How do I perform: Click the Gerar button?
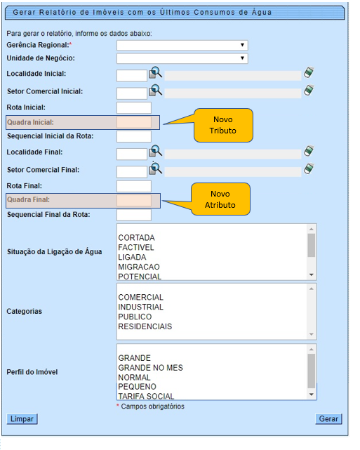click(328, 418)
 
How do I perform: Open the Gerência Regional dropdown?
click(182, 45)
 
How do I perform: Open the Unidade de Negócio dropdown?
click(182, 58)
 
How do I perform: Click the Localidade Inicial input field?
click(131, 75)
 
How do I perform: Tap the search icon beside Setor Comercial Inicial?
click(156, 91)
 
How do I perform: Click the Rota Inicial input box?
click(133, 107)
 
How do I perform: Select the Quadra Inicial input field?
click(133, 122)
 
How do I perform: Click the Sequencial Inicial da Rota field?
click(133, 136)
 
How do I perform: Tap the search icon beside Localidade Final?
click(156, 151)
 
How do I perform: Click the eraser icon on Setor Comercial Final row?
click(309, 168)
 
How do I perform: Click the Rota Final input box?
click(133, 186)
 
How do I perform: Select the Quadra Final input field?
click(133, 200)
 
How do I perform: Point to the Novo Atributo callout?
click(220, 199)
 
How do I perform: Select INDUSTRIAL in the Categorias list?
click(140, 307)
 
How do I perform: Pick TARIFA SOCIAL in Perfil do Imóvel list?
click(146, 396)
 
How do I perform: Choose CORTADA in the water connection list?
click(136, 238)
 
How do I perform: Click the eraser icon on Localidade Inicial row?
click(309, 73)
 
